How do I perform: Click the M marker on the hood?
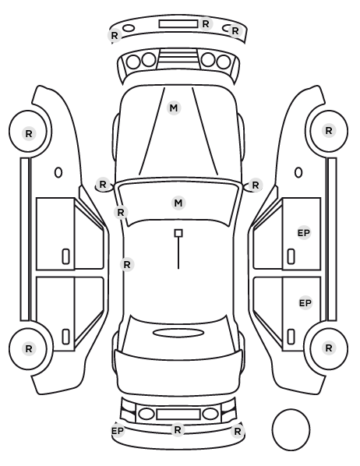coord(174,108)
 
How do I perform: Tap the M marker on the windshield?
coord(178,203)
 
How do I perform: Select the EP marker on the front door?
coord(304,233)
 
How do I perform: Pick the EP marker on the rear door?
coord(305,303)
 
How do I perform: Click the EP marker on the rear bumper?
coord(118,431)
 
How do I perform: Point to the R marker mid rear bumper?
coord(178,429)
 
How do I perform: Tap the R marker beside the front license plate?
coord(206,24)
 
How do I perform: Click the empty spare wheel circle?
coord(291,429)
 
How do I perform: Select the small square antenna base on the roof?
coord(178,233)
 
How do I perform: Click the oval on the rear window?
coord(178,334)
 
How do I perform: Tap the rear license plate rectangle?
coord(178,414)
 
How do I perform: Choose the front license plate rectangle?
coord(178,24)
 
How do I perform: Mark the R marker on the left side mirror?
coord(103,184)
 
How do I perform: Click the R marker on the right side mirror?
coord(256,185)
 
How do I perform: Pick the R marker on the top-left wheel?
coord(29,134)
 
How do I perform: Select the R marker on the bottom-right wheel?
coord(329,348)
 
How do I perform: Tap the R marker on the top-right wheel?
coord(329,130)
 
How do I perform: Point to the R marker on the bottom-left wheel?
coord(29,348)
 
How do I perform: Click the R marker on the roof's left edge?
coord(127,264)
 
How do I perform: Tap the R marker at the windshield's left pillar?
coord(121,212)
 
